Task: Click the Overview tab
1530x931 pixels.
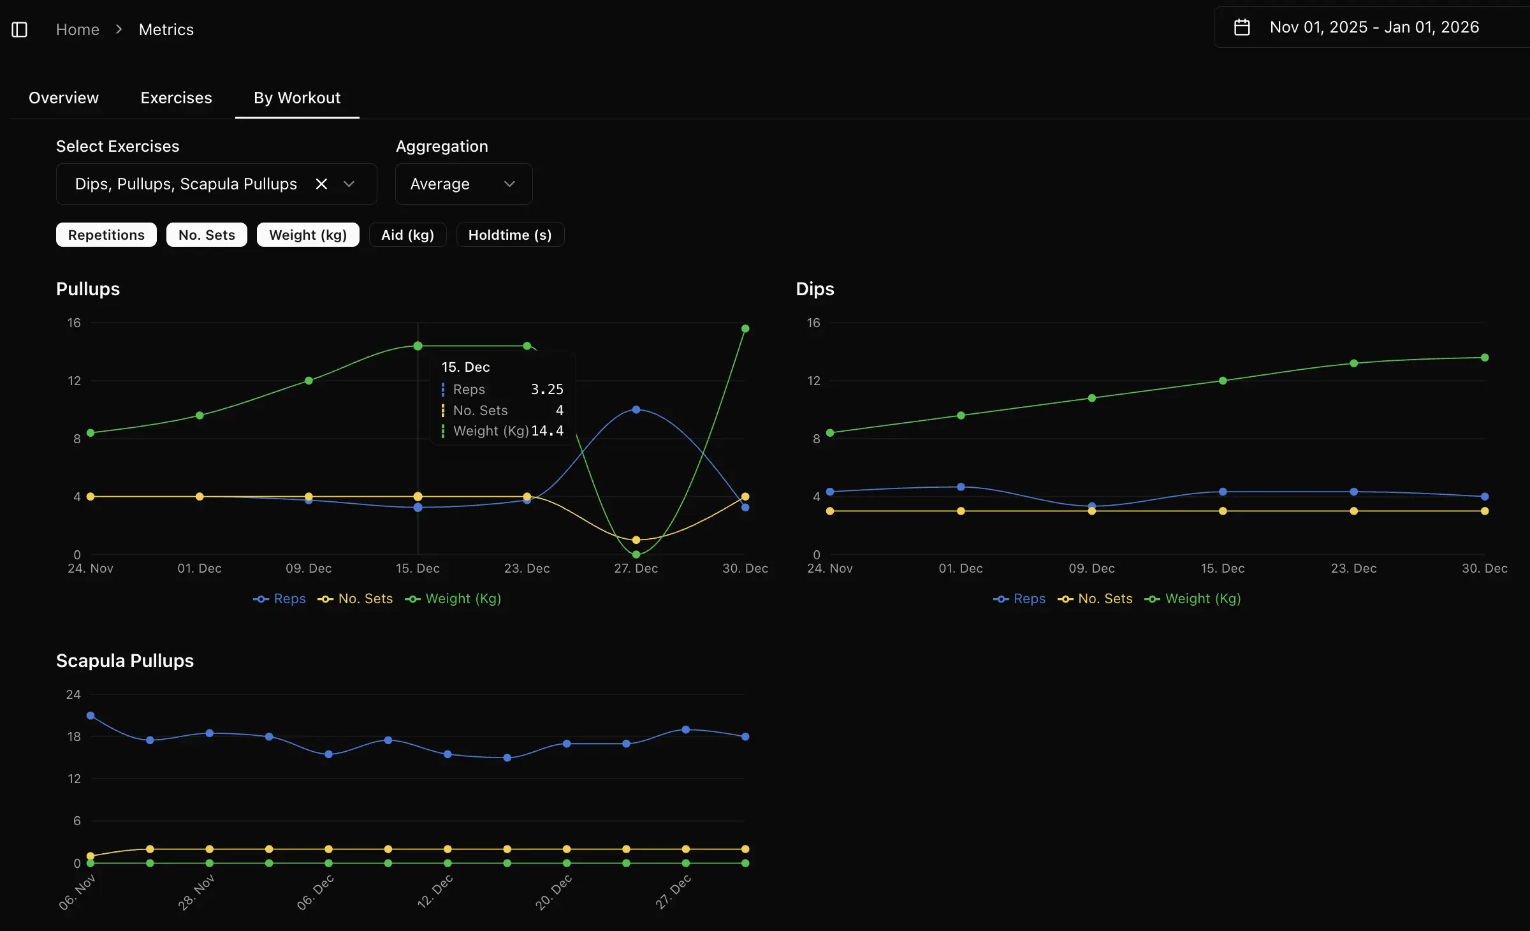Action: [x=64, y=98]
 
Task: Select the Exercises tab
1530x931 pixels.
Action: [x=176, y=98]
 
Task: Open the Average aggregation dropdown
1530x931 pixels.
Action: [x=463, y=184]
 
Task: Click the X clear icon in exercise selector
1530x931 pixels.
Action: [x=321, y=184]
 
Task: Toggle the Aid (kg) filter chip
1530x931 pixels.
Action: [x=407, y=235]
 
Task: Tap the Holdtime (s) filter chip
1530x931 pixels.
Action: [x=509, y=235]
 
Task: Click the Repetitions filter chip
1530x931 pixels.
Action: [x=106, y=235]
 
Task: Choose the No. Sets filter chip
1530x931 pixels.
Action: [x=207, y=235]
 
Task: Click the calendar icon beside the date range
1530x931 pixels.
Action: [x=1241, y=27]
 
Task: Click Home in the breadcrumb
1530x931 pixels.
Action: [x=78, y=29]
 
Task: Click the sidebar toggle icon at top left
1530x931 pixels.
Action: [x=20, y=29]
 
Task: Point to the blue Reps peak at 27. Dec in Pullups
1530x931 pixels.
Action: [x=636, y=409]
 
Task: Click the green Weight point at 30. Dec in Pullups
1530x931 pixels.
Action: [x=745, y=328]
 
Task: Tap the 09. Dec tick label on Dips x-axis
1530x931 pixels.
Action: [x=1091, y=568]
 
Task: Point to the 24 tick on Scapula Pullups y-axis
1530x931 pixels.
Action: [x=73, y=694]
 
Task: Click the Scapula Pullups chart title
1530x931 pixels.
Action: [x=125, y=661]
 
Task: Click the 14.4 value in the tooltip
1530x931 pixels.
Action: [x=547, y=431]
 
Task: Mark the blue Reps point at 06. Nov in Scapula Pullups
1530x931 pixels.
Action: [x=91, y=715]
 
